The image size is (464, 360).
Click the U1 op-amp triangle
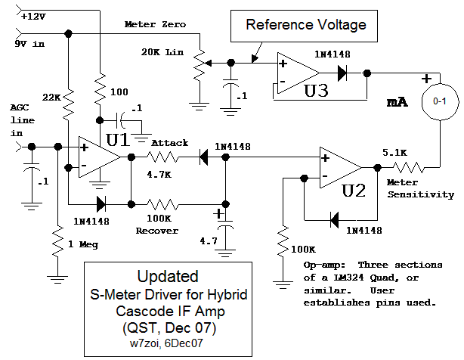[x=97, y=157]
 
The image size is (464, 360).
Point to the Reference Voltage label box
[x=306, y=25]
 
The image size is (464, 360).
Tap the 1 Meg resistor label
[x=83, y=244]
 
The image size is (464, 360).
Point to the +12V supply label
[x=34, y=14]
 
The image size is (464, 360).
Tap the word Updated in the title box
[x=168, y=277]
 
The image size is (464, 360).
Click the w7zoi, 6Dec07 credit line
[x=168, y=343]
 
